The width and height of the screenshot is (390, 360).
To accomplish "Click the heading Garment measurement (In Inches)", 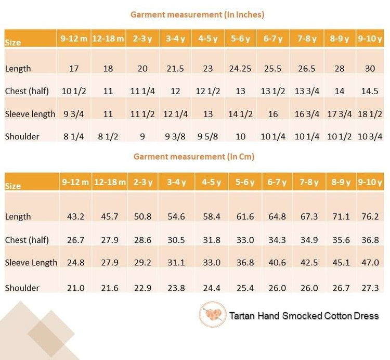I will (x=197, y=15).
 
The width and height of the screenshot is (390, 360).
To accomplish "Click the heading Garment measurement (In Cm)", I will (x=194, y=156).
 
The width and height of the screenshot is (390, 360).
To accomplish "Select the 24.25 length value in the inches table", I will (x=241, y=68).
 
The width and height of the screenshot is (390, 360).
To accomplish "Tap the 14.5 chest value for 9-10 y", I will (x=370, y=91).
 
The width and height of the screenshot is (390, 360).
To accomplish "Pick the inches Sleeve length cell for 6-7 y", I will (x=273, y=114).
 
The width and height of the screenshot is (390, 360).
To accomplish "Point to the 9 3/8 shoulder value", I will (x=175, y=136).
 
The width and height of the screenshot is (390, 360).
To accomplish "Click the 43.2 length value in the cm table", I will (x=73, y=216).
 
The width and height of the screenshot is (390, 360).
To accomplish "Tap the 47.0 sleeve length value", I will (x=370, y=262).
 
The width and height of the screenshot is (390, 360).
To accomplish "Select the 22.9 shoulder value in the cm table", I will (x=142, y=288).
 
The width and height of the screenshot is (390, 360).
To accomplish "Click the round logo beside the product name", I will (x=212, y=315).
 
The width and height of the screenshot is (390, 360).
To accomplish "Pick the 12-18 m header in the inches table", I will (x=108, y=38).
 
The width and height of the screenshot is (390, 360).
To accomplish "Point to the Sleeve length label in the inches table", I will (x=30, y=114).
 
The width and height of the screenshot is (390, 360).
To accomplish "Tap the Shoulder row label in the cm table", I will (x=22, y=288).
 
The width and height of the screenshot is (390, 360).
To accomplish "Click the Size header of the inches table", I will (x=13, y=42).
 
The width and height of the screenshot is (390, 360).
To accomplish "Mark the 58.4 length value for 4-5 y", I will (x=211, y=216).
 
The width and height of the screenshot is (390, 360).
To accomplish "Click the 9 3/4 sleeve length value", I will (x=73, y=114).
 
